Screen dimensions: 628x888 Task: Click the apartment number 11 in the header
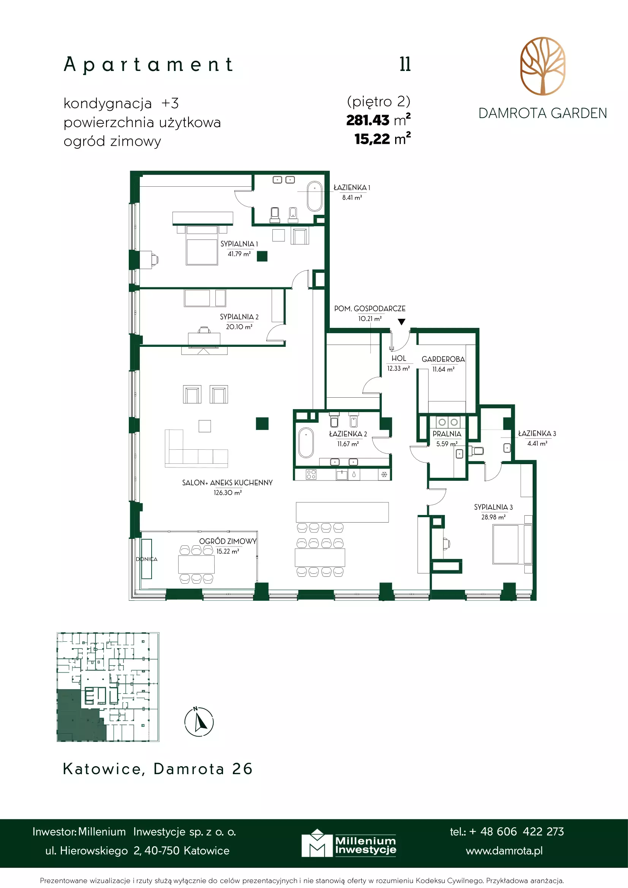click(x=405, y=64)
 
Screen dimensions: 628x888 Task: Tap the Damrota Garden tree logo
click(x=543, y=66)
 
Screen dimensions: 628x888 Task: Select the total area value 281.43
click(x=367, y=120)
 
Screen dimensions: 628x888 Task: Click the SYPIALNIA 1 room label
click(x=239, y=244)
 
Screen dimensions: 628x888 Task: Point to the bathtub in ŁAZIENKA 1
click(x=315, y=196)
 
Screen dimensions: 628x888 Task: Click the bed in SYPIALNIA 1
click(x=202, y=245)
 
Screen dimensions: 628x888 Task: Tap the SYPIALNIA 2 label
click(x=239, y=317)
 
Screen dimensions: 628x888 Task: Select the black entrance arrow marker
click(x=402, y=321)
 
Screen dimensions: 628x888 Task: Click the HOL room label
click(x=399, y=359)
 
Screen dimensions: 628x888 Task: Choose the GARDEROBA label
click(x=443, y=359)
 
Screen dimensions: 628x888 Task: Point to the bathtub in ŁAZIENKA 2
click(x=306, y=442)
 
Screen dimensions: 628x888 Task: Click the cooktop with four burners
click(x=311, y=474)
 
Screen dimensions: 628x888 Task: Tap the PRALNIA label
click(x=447, y=434)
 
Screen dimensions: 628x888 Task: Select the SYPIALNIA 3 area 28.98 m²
click(x=493, y=517)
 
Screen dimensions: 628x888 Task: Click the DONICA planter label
click(x=146, y=559)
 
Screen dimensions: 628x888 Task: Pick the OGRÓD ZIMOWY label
click(x=228, y=541)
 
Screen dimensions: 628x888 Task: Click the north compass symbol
click(x=199, y=721)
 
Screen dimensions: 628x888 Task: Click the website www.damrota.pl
click(x=504, y=851)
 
